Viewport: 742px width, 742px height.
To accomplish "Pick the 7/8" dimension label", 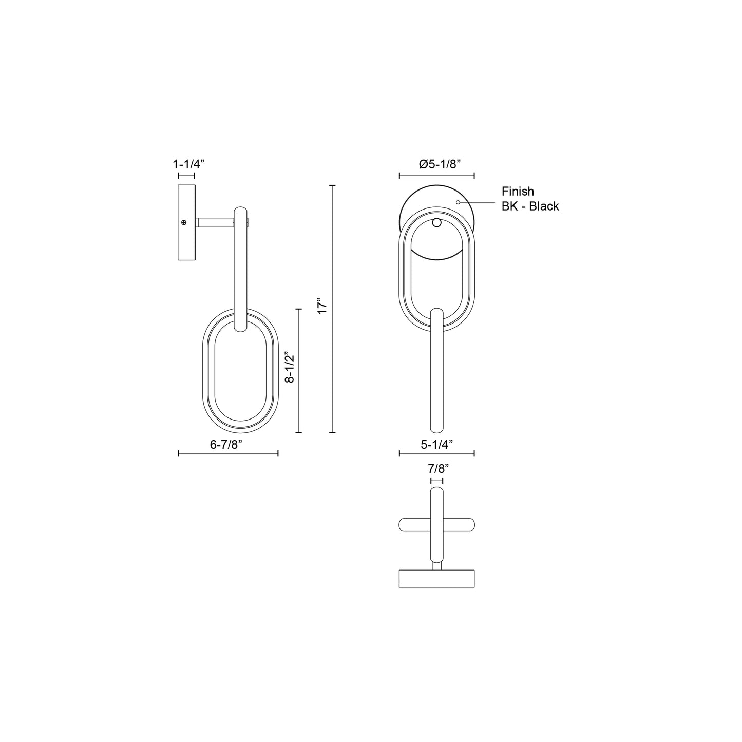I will click(437, 468).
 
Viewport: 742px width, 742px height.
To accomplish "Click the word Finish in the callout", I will click(518, 192).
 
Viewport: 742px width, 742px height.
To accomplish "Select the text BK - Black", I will click(530, 206).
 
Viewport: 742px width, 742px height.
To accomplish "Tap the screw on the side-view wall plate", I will click(184, 222).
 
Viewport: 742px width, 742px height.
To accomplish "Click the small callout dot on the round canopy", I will click(458, 202).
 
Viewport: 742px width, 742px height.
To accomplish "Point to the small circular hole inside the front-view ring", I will click(436, 222).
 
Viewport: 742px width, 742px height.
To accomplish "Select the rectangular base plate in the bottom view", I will click(436, 578).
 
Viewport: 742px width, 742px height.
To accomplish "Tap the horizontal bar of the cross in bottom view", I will click(436, 525).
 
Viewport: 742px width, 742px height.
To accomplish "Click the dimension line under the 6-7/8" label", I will click(228, 453).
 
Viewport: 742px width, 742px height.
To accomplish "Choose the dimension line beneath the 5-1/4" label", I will click(436, 453).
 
